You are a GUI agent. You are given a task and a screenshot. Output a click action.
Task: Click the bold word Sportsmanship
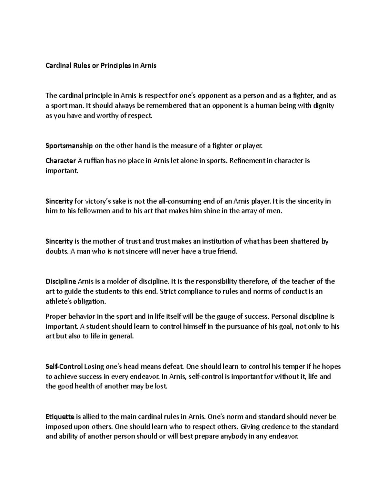[69, 146]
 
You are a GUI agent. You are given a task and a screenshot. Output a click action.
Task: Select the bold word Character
[61, 161]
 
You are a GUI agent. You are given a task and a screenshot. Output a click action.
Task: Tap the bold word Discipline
[61, 282]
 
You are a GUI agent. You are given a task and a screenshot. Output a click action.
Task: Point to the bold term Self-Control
[64, 367]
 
